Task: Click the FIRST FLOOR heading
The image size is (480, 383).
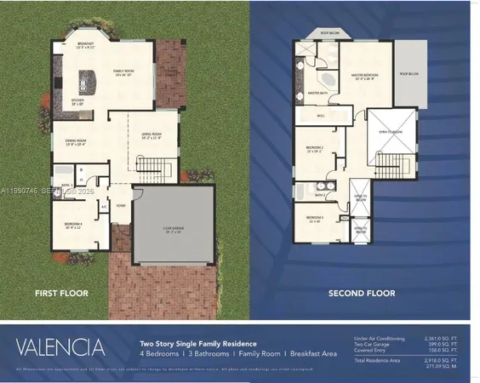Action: click(x=60, y=293)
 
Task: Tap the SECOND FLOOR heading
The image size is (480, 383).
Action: click(x=362, y=294)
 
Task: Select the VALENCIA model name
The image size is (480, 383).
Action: click(x=60, y=346)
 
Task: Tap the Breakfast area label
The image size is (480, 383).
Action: click(x=87, y=44)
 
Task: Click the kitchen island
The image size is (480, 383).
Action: click(x=88, y=81)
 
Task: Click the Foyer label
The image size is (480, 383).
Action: click(x=122, y=203)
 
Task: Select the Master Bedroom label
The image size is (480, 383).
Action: click(x=368, y=77)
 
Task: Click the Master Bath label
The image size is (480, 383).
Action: click(x=318, y=93)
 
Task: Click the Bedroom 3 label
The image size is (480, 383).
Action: click(x=316, y=219)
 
